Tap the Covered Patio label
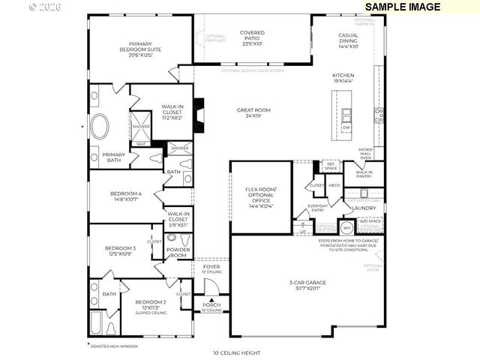pyautogui.click(x=252, y=38)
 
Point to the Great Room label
pyautogui.click(x=253, y=112)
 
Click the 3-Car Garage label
pyautogui.click(x=307, y=285)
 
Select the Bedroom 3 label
pyautogui.click(x=120, y=250)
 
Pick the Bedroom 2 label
pyautogui.click(x=151, y=305)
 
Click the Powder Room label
pyautogui.click(x=178, y=251)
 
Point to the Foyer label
pyautogui.click(x=211, y=268)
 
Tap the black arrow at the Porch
pyautogui.click(x=211, y=300)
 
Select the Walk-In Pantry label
pyautogui.click(x=364, y=175)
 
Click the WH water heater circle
pyautogui.click(x=347, y=228)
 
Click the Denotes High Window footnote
pyautogui.click(x=113, y=346)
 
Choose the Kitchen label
pyautogui.click(x=343, y=78)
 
